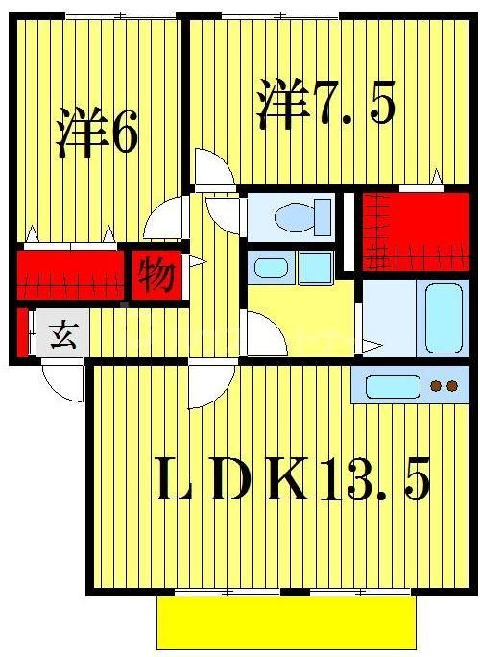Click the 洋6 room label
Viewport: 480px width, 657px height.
[x=96, y=135]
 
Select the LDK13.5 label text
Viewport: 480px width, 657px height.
[x=292, y=479]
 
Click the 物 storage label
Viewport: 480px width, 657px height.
[x=156, y=275]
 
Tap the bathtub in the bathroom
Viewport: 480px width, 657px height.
[x=445, y=318]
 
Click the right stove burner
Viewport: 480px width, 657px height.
[x=451, y=387]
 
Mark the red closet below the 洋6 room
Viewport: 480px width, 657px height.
[x=72, y=275]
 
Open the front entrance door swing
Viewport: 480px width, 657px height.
[x=64, y=382]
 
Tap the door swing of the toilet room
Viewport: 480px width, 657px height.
[x=223, y=214]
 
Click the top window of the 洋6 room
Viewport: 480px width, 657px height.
[x=119, y=13]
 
